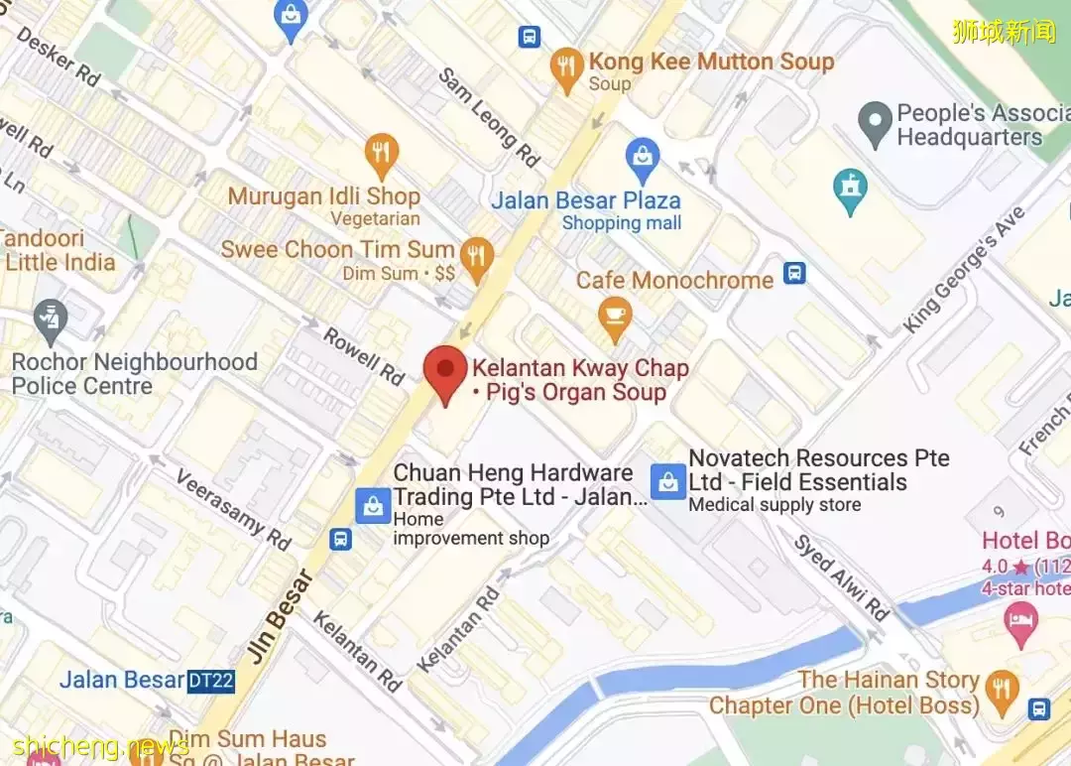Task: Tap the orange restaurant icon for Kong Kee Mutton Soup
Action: (x=566, y=68)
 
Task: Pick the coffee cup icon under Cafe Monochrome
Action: (x=617, y=317)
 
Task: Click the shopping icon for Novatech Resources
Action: (x=666, y=482)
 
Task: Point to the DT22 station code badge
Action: (x=211, y=681)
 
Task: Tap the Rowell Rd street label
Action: (x=364, y=356)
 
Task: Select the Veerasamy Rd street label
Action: (x=234, y=510)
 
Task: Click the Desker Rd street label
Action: (x=59, y=57)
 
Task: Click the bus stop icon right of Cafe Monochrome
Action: (x=794, y=273)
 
